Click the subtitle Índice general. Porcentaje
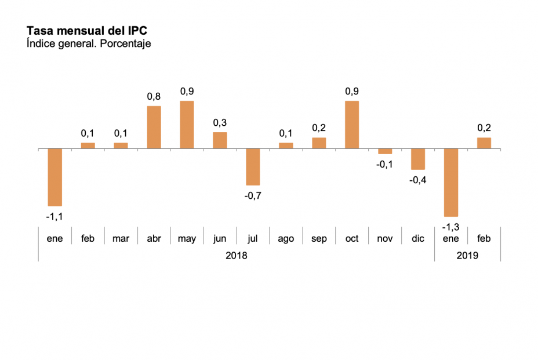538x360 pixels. click(x=89, y=43)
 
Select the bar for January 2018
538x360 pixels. click(x=54, y=177)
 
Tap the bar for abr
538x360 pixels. click(x=154, y=127)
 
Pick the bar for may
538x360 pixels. click(x=187, y=125)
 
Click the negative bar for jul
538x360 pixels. click(x=253, y=166)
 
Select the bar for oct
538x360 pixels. click(x=352, y=125)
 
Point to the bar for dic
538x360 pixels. click(x=418, y=159)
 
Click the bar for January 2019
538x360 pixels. click(x=451, y=182)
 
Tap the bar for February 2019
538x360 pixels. click(x=484, y=143)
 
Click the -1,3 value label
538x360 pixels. click(x=451, y=226)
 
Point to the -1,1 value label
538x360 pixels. click(x=54, y=216)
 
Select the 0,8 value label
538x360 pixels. click(x=154, y=96)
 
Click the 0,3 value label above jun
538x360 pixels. click(x=220, y=122)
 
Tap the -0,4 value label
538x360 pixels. click(x=418, y=180)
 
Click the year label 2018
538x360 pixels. click(x=236, y=255)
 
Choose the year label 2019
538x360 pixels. click(x=467, y=255)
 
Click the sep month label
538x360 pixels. click(x=319, y=238)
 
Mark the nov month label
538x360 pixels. click(x=385, y=238)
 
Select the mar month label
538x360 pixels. click(x=121, y=238)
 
